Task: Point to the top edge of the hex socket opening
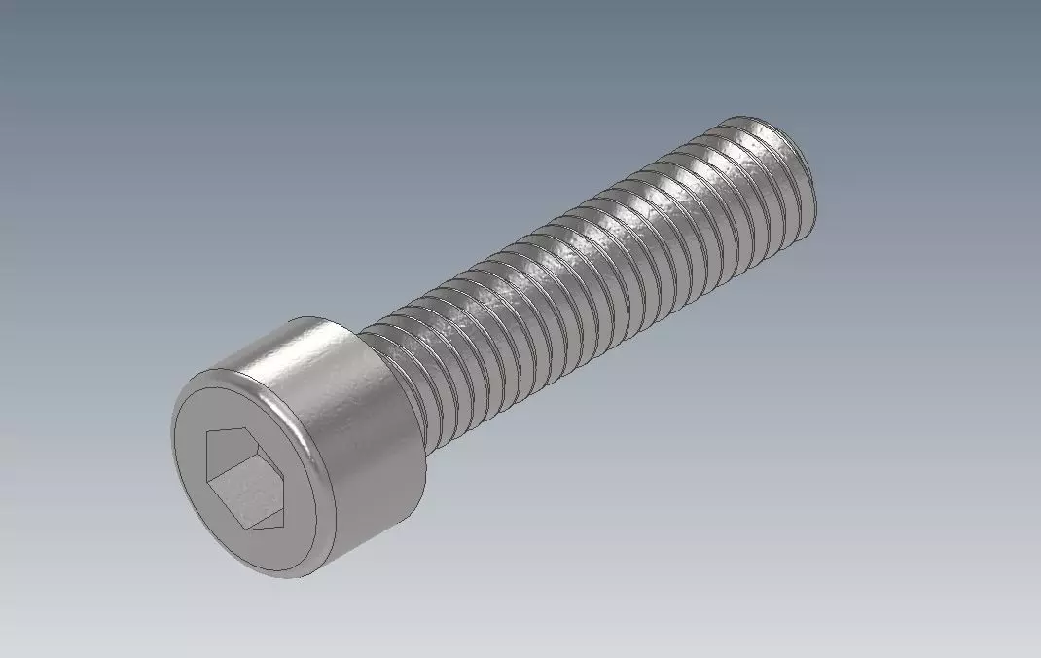point(239,430)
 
